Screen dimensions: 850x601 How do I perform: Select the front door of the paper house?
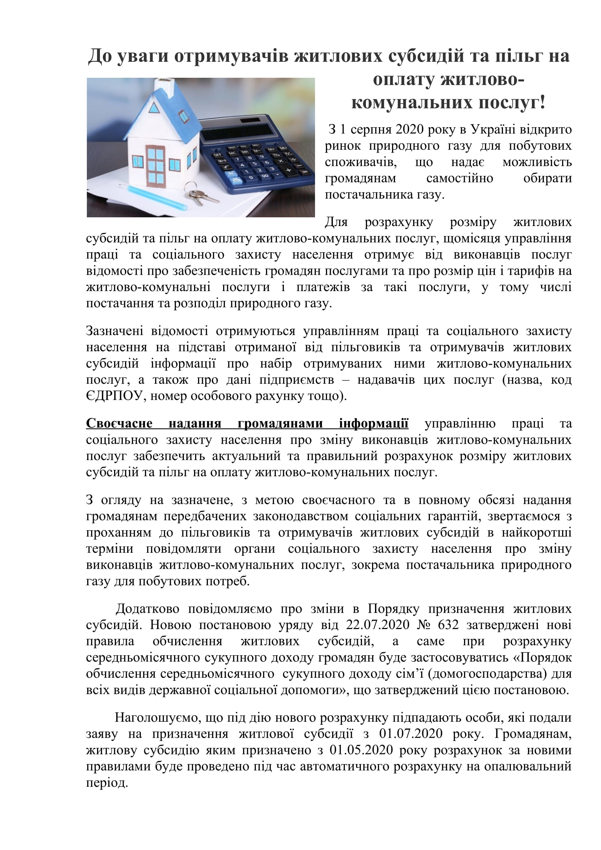pyautogui.click(x=156, y=166)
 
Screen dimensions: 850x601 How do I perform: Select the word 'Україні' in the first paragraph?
pyautogui.click(x=493, y=130)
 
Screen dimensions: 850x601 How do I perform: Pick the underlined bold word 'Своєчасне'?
pyautogui.click(x=119, y=423)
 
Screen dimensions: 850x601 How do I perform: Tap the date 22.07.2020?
pyautogui.click(x=378, y=625)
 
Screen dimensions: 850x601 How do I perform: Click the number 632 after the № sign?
pyautogui.click(x=448, y=625)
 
